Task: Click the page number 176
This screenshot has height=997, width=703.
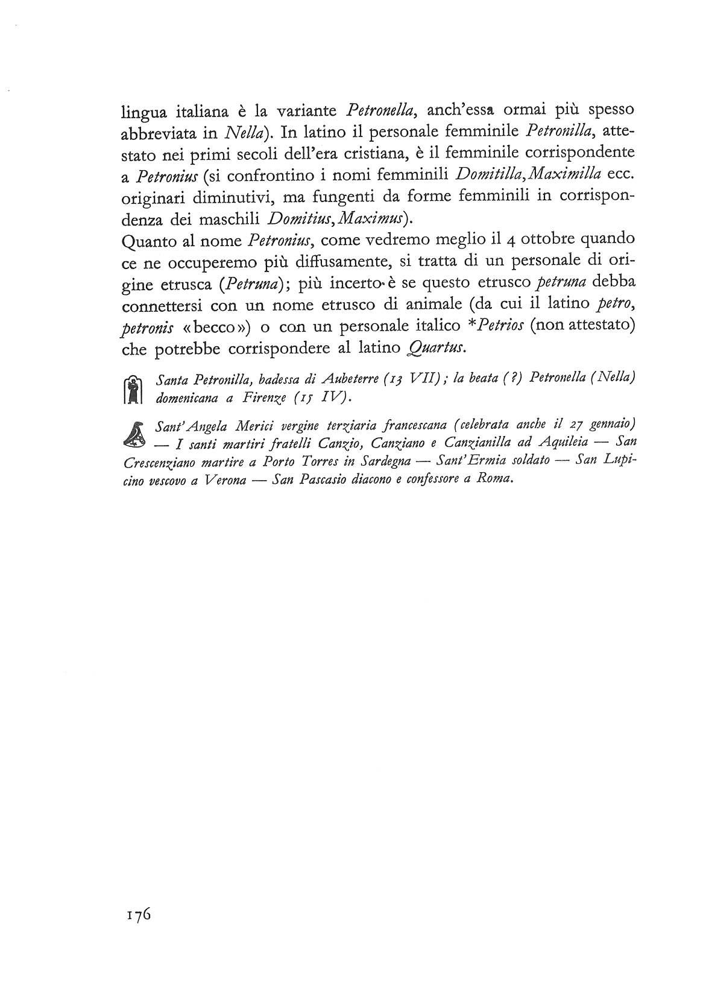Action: click(x=138, y=914)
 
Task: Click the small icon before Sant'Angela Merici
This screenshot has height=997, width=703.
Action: click(x=136, y=435)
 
